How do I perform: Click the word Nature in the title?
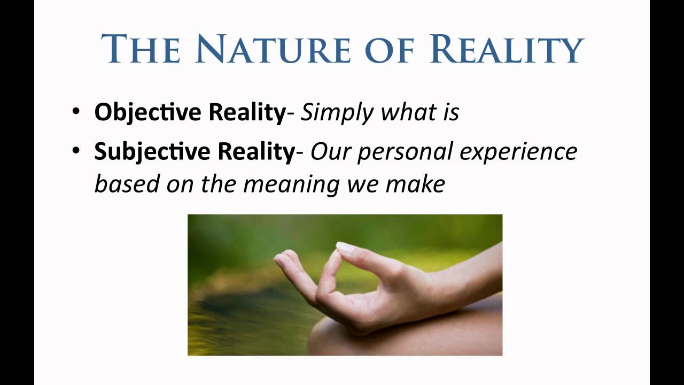[271, 49]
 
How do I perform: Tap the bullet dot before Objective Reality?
[77, 113]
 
